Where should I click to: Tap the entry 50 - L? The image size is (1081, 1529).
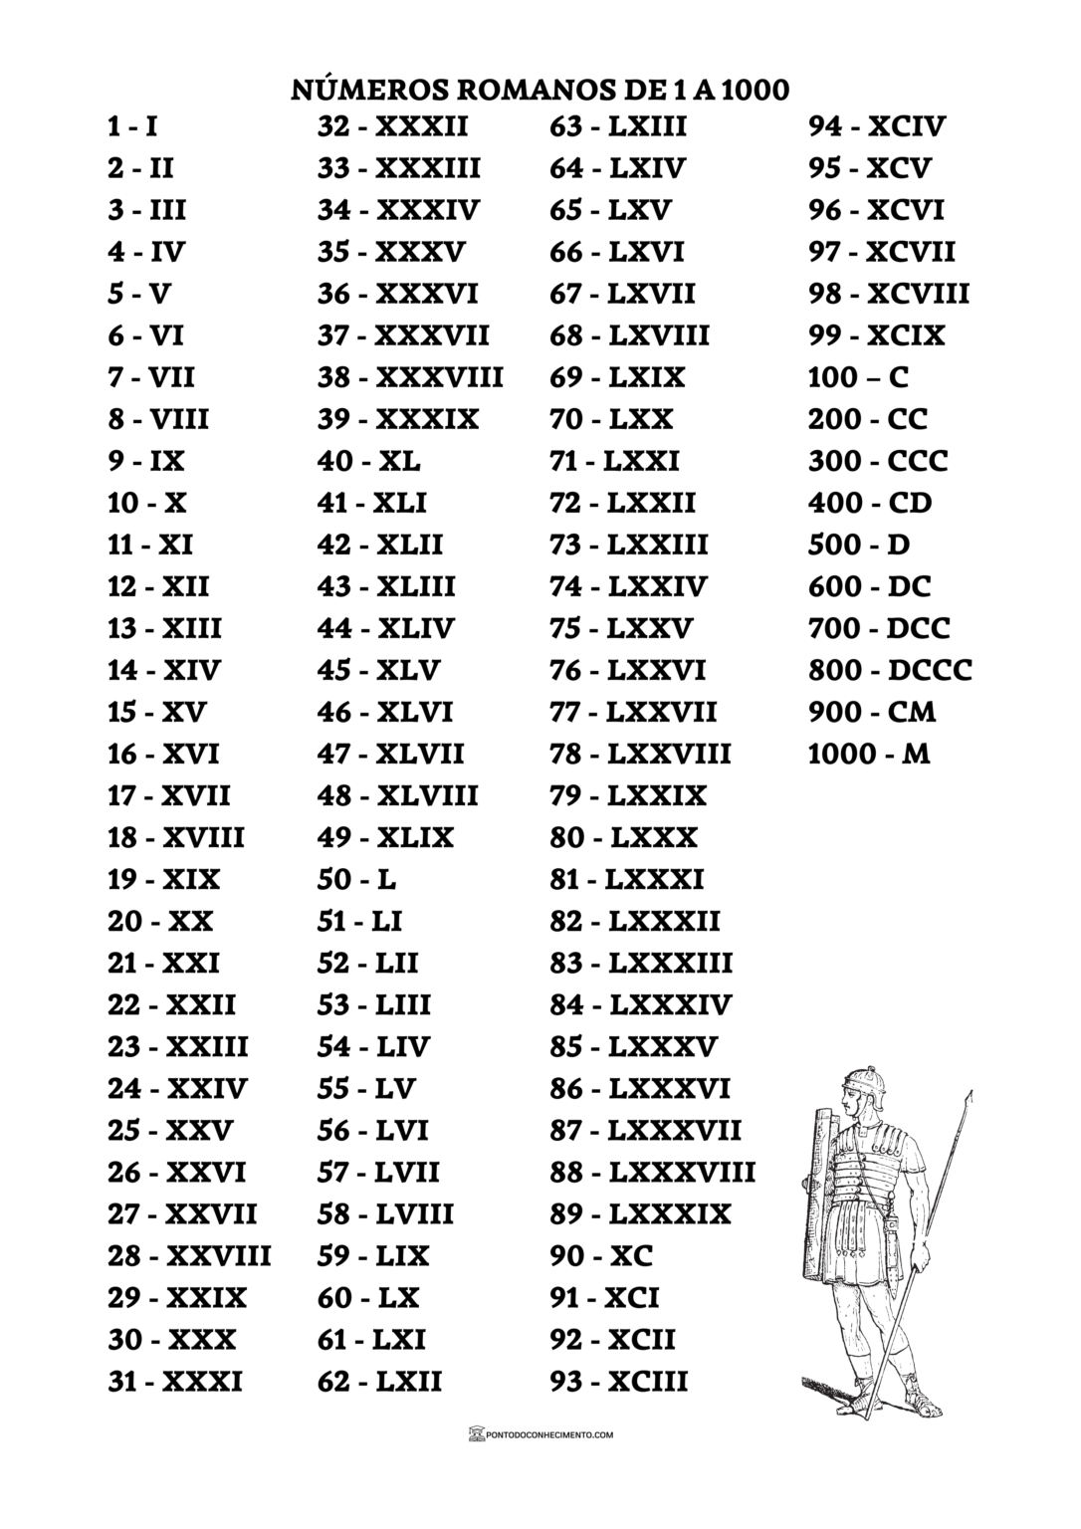357,880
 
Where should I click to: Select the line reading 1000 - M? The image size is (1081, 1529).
868,755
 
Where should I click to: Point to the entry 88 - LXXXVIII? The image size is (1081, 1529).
652,1173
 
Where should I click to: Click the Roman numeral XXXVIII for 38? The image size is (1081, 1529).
439,378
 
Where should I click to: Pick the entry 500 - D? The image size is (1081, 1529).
858,546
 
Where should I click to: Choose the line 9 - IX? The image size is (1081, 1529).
146,462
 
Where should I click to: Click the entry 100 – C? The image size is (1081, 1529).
858,378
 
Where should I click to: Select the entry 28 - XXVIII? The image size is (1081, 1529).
189,1256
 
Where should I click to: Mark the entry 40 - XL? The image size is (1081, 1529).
369,462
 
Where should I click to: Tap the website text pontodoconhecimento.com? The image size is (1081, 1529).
548,1435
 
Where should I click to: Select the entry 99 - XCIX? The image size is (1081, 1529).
876,336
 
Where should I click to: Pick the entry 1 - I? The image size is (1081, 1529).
132,127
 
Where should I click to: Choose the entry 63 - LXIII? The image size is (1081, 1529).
618,127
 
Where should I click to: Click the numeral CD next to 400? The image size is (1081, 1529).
910,504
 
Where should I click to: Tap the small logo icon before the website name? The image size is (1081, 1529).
475,1434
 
